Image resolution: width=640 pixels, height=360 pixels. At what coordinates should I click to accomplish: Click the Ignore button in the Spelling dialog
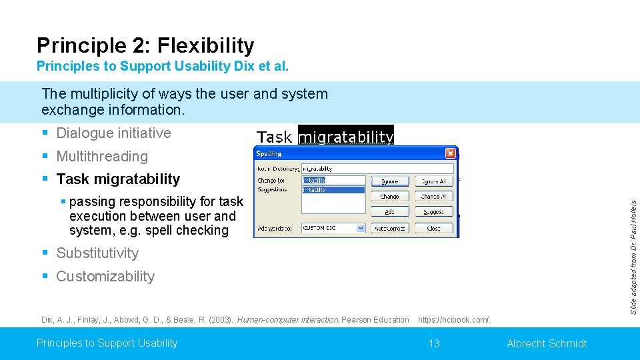click(x=390, y=181)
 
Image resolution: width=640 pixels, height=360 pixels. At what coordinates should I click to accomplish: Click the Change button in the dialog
click(x=390, y=196)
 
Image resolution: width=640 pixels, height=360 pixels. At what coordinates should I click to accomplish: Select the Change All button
click(x=434, y=196)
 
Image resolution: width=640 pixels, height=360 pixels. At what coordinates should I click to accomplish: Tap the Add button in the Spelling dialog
click(x=390, y=211)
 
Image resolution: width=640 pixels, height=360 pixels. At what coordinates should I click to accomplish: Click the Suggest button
click(x=434, y=211)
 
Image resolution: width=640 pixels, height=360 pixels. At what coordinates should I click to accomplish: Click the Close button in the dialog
click(x=434, y=227)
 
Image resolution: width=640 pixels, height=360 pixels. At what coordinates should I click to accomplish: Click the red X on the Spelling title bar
click(x=450, y=153)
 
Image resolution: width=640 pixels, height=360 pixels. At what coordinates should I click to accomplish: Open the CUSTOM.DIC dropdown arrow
click(x=361, y=227)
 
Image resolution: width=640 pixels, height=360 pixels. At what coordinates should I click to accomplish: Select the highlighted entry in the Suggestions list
click(x=333, y=190)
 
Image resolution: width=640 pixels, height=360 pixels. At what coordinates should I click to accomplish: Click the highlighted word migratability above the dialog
click(x=345, y=137)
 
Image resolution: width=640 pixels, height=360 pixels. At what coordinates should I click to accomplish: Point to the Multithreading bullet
click(x=101, y=156)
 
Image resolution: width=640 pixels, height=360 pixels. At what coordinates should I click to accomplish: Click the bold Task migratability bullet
click(x=118, y=179)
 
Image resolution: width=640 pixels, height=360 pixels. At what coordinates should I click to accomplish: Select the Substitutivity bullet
click(x=97, y=253)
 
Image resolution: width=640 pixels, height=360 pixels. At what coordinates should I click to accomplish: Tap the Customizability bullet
click(x=105, y=276)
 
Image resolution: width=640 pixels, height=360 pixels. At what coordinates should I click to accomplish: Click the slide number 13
click(x=434, y=343)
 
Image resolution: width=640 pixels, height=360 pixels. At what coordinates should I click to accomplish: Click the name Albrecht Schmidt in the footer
click(x=547, y=343)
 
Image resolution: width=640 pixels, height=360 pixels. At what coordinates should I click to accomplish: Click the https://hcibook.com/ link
click(x=454, y=320)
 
